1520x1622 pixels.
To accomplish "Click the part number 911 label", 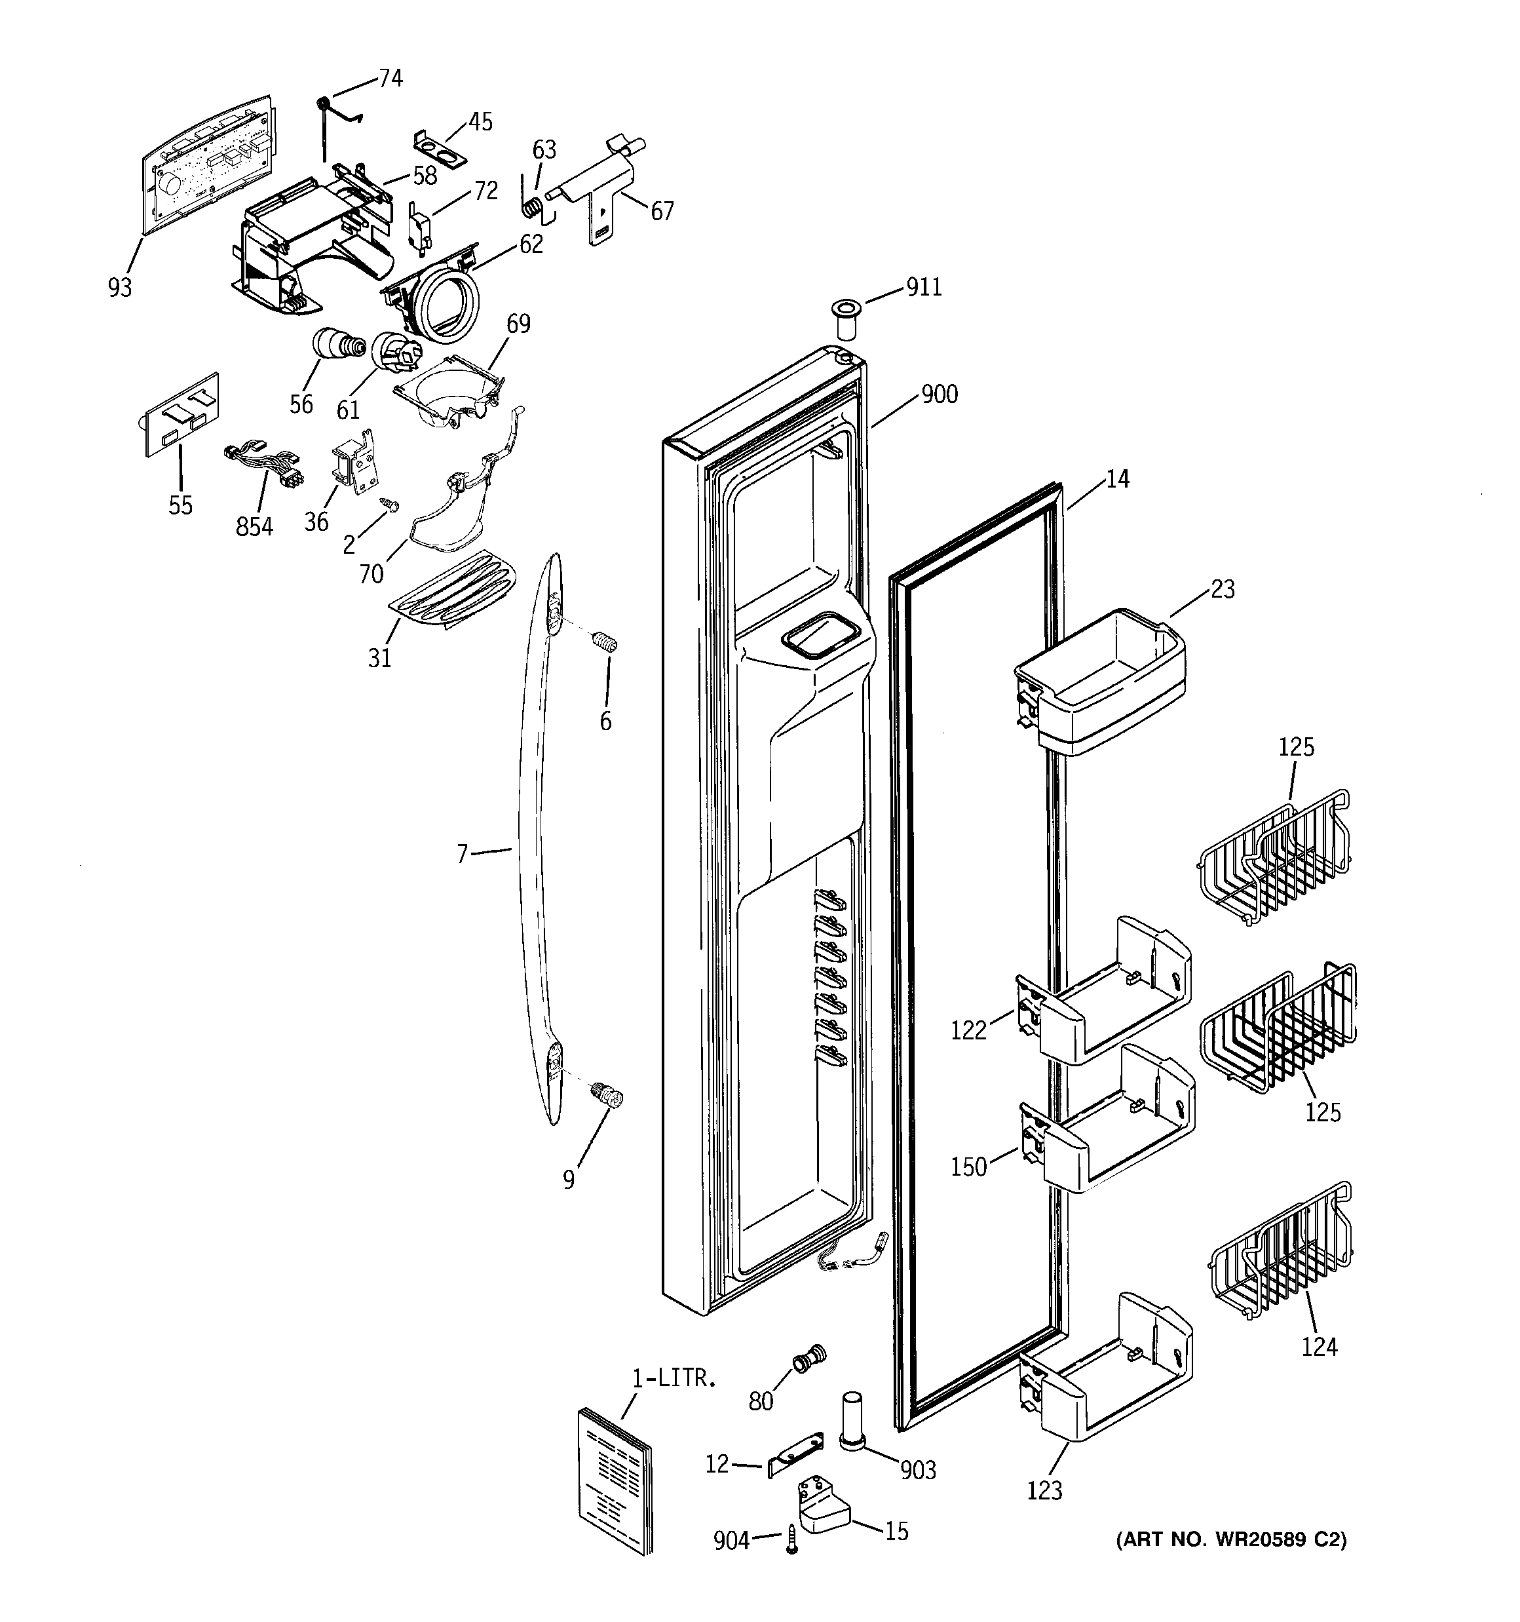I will pyautogui.click(x=924, y=287).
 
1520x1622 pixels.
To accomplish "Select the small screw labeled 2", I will pyautogui.click(x=391, y=505).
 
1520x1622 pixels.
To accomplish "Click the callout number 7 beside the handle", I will pyautogui.click(x=463, y=854).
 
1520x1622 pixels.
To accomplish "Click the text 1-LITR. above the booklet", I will pyautogui.click(x=674, y=1379).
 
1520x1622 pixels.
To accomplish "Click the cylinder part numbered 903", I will pyautogui.click(x=852, y=1422).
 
